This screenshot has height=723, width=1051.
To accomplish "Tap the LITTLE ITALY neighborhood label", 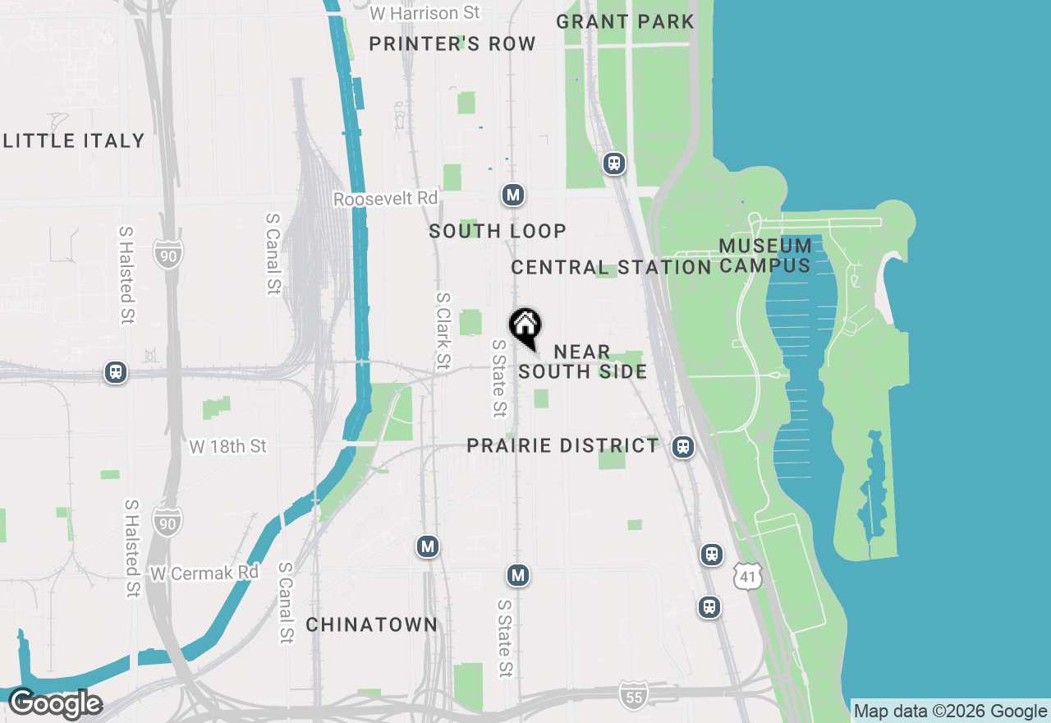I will pos(74,140).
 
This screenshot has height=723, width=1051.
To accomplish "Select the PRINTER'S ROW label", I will pos(452,44).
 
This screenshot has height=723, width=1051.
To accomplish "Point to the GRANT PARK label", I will pos(625,21).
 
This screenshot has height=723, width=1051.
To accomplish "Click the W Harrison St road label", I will pos(425,13).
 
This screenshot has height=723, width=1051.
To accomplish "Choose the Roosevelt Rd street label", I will pos(386,200).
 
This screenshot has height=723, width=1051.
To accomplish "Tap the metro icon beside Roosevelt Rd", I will pos(513,196).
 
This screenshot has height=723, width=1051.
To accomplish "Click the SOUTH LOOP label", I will pos(498,232).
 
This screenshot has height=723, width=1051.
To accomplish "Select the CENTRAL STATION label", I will pos(611,267).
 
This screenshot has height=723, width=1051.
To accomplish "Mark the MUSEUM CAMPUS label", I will pos(765,256).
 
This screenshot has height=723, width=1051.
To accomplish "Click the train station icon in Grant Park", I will pos(614,163).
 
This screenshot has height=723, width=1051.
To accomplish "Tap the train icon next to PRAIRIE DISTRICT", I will pos(682,447).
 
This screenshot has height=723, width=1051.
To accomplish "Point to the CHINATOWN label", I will pos(372,625).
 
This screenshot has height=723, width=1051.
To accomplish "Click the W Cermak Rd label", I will pos(204,573).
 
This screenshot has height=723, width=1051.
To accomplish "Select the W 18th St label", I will pos(228,446).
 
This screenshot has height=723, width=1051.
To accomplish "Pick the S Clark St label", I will pos(443,330).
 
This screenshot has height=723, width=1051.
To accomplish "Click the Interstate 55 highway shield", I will pos(633,693).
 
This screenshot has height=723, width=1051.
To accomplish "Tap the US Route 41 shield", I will pos(748,577).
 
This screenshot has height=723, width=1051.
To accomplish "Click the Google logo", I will pos(54,704).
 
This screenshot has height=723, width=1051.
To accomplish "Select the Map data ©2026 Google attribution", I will pos(951,711).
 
